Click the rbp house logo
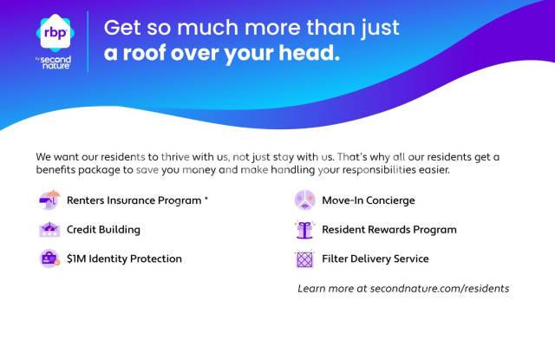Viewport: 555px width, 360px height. click(55, 33)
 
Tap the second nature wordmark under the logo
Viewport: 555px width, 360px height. click(55, 62)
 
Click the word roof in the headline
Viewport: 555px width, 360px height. click(145, 53)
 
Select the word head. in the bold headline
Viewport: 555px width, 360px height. click(309, 52)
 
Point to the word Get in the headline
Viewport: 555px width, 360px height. click(122, 28)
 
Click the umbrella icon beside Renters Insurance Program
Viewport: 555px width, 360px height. click(49, 200)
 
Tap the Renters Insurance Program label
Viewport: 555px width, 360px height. click(134, 200)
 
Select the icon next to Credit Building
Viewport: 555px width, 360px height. click(49, 229)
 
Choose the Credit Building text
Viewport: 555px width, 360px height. click(103, 230)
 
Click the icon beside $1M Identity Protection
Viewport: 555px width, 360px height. click(49, 259)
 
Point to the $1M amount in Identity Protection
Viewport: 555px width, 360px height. click(76, 259)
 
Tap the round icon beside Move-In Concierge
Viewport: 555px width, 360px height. click(304, 200)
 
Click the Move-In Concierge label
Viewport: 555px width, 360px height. click(369, 200)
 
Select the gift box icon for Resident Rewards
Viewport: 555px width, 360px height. click(304, 230)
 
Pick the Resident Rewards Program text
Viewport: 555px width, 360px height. click(389, 230)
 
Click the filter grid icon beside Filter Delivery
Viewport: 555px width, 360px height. click(304, 259)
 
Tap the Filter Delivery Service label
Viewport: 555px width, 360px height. click(375, 259)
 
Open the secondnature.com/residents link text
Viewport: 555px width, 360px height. click(440, 289)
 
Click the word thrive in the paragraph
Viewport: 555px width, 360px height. click(175, 157)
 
